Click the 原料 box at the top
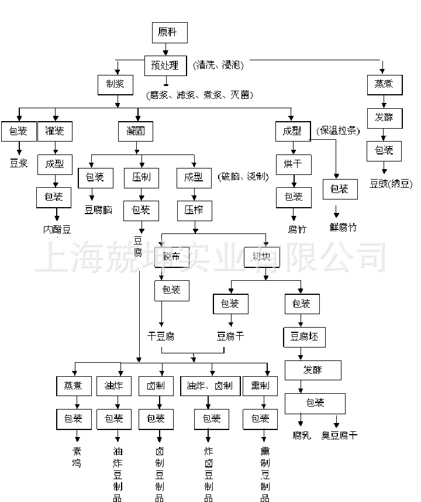click(x=170, y=32)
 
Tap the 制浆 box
click(x=115, y=84)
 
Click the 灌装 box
click(x=55, y=131)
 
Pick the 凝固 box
click(x=136, y=131)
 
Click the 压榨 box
click(x=194, y=209)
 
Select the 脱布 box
click(x=172, y=256)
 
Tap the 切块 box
click(x=262, y=256)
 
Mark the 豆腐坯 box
click(x=304, y=338)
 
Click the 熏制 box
click(x=260, y=386)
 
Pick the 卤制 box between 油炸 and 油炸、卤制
click(x=156, y=386)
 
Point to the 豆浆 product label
click(x=19, y=163)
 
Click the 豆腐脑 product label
click(x=98, y=209)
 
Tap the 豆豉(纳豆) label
click(x=391, y=184)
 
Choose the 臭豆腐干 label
click(x=339, y=435)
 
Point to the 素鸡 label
click(x=76, y=458)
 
